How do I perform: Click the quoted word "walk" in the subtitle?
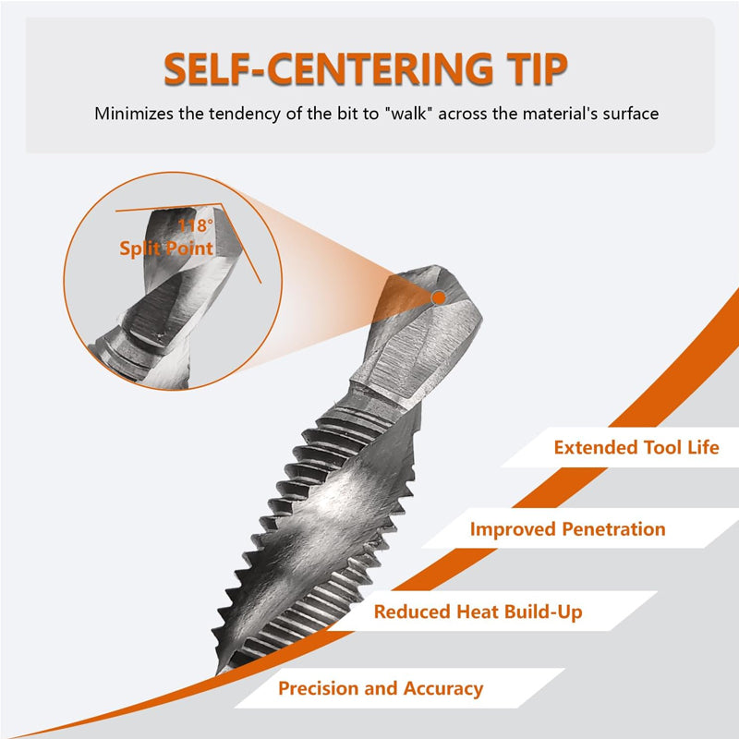[x=409, y=114]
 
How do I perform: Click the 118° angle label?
[x=195, y=225]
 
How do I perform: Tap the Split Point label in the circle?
[x=166, y=248]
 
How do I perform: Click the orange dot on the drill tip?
[x=439, y=297]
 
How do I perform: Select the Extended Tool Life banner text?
[x=636, y=447]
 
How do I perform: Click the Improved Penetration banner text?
[x=567, y=528]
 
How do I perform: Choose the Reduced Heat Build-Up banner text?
[x=478, y=612]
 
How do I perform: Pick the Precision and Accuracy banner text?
[x=381, y=688]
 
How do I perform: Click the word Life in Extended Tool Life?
[x=703, y=447]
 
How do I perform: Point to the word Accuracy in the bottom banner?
[x=443, y=689]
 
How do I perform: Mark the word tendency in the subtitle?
[x=245, y=114]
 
